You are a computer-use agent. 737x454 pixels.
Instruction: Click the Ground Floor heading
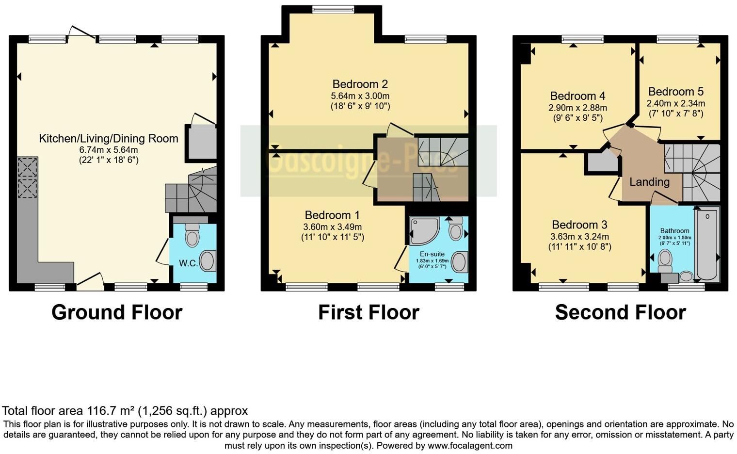[x=117, y=312]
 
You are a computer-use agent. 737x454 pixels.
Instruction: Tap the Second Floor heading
[x=620, y=312]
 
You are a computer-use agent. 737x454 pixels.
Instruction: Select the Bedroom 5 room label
[x=675, y=92]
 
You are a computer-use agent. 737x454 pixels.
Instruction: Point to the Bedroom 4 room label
[x=577, y=96]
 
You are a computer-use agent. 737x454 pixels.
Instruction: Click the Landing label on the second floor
[x=649, y=182]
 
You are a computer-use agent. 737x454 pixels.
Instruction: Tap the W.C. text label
[x=188, y=263]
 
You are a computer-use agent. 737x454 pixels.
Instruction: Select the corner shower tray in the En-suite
[x=424, y=231]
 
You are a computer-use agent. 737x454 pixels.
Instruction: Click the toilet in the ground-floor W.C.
[x=192, y=236]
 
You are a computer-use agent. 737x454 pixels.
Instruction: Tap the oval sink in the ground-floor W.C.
[x=208, y=261]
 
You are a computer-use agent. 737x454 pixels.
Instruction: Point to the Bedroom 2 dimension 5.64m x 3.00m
[x=360, y=96]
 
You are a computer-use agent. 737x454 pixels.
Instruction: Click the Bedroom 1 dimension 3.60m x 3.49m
[x=332, y=227]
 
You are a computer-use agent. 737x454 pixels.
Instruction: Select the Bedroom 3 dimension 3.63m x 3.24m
[x=579, y=237]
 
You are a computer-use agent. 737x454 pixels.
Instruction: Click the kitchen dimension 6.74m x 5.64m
[x=109, y=150]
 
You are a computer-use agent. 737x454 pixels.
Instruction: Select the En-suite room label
[x=432, y=254]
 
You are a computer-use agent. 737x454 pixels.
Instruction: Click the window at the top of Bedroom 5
[x=678, y=39]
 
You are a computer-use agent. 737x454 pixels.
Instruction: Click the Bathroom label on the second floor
[x=674, y=231]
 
